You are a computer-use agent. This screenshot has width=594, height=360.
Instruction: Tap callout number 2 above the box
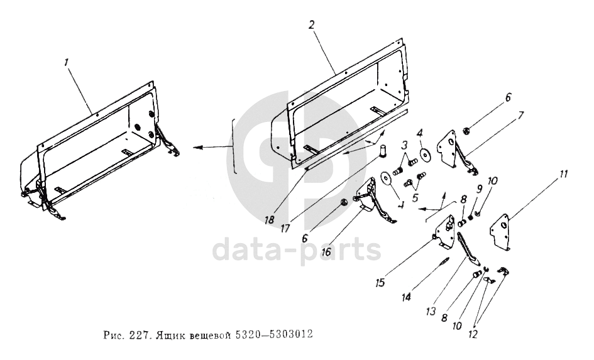312,26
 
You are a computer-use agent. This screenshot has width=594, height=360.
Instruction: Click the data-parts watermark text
297,250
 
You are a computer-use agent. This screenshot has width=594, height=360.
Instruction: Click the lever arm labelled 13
468,248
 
